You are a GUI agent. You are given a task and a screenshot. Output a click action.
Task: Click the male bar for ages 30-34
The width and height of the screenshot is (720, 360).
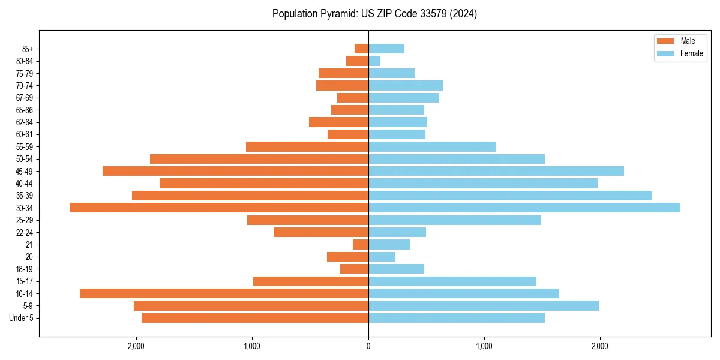219,208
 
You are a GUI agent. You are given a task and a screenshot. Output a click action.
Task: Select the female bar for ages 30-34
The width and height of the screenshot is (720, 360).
524,208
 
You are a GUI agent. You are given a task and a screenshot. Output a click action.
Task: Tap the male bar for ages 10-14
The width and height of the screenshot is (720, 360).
224,293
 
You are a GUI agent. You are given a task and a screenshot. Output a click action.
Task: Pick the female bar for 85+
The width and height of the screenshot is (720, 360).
386,49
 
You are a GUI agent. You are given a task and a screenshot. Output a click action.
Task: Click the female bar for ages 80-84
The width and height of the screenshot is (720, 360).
374,61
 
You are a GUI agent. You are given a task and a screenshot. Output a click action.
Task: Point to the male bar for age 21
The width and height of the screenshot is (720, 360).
361,244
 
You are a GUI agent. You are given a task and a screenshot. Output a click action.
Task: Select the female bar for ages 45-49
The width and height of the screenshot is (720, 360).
496,171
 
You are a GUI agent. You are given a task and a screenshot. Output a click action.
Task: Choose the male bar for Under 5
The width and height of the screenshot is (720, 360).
255,318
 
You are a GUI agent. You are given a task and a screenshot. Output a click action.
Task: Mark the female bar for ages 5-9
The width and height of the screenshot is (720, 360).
484,305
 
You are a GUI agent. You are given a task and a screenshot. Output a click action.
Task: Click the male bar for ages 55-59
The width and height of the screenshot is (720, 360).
307,146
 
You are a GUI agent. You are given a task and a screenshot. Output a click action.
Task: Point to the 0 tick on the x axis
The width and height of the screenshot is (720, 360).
368,346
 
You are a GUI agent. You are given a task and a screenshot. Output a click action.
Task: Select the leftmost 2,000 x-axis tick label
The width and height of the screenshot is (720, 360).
136,346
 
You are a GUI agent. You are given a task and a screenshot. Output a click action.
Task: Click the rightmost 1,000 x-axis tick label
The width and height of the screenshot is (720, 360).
484,346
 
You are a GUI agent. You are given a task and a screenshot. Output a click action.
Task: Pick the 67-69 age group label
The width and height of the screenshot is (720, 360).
25,98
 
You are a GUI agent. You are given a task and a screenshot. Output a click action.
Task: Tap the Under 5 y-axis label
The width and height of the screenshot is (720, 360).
22,318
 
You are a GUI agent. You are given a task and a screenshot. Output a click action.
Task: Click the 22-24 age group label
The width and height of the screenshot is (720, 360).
25,232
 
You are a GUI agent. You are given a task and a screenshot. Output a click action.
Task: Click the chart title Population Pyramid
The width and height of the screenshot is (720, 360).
374,14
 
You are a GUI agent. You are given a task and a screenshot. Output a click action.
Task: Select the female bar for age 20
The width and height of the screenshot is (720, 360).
382,257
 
